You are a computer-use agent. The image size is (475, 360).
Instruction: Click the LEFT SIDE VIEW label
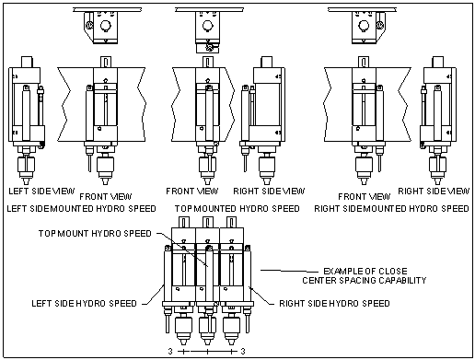[41, 192]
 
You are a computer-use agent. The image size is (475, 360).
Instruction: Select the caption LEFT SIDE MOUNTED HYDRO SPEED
[81, 209]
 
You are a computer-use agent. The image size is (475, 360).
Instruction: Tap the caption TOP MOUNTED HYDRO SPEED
[237, 209]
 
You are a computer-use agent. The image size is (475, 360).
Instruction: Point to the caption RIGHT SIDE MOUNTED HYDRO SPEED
[391, 209]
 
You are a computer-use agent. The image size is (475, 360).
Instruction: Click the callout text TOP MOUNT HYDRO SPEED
[95, 233]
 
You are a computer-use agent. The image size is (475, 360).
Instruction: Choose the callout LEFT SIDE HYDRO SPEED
[84, 304]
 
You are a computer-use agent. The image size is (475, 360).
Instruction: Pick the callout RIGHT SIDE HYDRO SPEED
[334, 304]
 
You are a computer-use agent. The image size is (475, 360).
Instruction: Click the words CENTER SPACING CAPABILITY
[365, 280]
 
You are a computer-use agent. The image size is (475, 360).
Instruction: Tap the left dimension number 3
[170, 351]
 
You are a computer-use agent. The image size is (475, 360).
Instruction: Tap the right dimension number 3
[243, 351]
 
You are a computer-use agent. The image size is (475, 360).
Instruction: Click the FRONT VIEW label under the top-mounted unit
[192, 192]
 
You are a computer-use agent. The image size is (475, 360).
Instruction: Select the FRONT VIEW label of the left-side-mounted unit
[106, 196]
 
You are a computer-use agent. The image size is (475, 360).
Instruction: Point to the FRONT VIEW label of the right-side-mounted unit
[365, 196]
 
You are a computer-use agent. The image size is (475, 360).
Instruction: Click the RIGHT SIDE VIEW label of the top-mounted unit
[269, 192]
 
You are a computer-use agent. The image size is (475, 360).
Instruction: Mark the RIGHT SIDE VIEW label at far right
[434, 192]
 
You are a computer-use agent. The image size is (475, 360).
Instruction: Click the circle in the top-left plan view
[105, 25]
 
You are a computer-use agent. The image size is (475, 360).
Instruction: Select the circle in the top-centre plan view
[207, 25]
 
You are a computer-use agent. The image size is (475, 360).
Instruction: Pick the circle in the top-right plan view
[364, 25]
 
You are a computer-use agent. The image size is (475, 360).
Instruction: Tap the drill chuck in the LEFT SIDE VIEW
[26, 165]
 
